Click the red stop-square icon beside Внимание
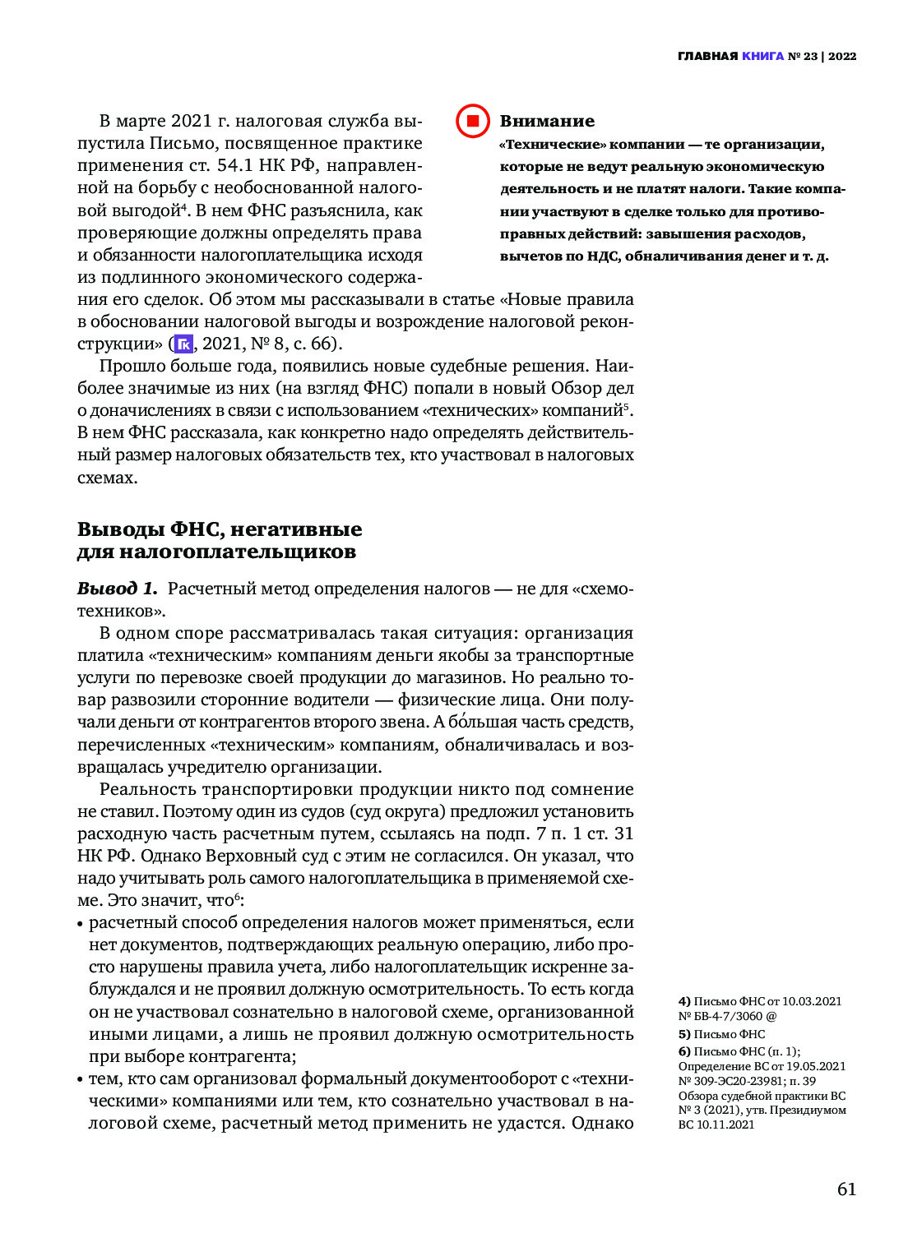point(473,122)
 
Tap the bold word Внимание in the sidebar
point(547,122)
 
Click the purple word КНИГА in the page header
point(762,56)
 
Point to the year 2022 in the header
point(842,56)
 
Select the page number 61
point(846,1189)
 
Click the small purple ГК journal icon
point(183,344)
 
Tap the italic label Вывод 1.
point(117,589)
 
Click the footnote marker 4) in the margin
point(684,1001)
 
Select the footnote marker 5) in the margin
point(684,1034)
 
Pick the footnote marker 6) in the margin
point(684,1051)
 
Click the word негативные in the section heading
point(297,529)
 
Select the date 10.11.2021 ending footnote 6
point(725,1124)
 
